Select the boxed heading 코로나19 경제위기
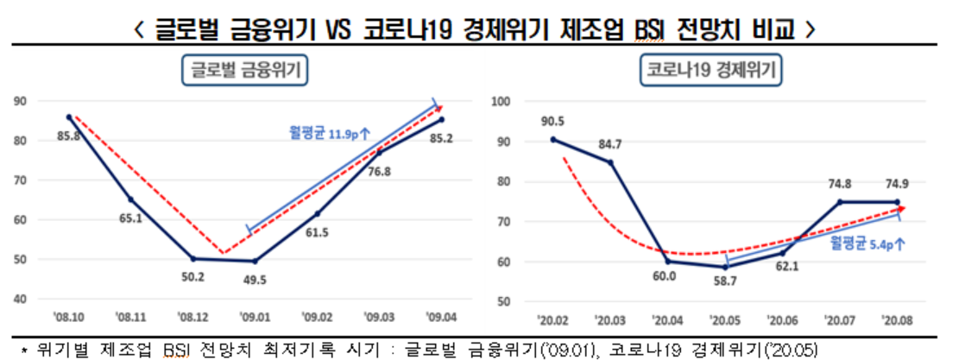pos(710,70)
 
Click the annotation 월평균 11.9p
pos(331,133)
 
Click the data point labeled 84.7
pos(610,161)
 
